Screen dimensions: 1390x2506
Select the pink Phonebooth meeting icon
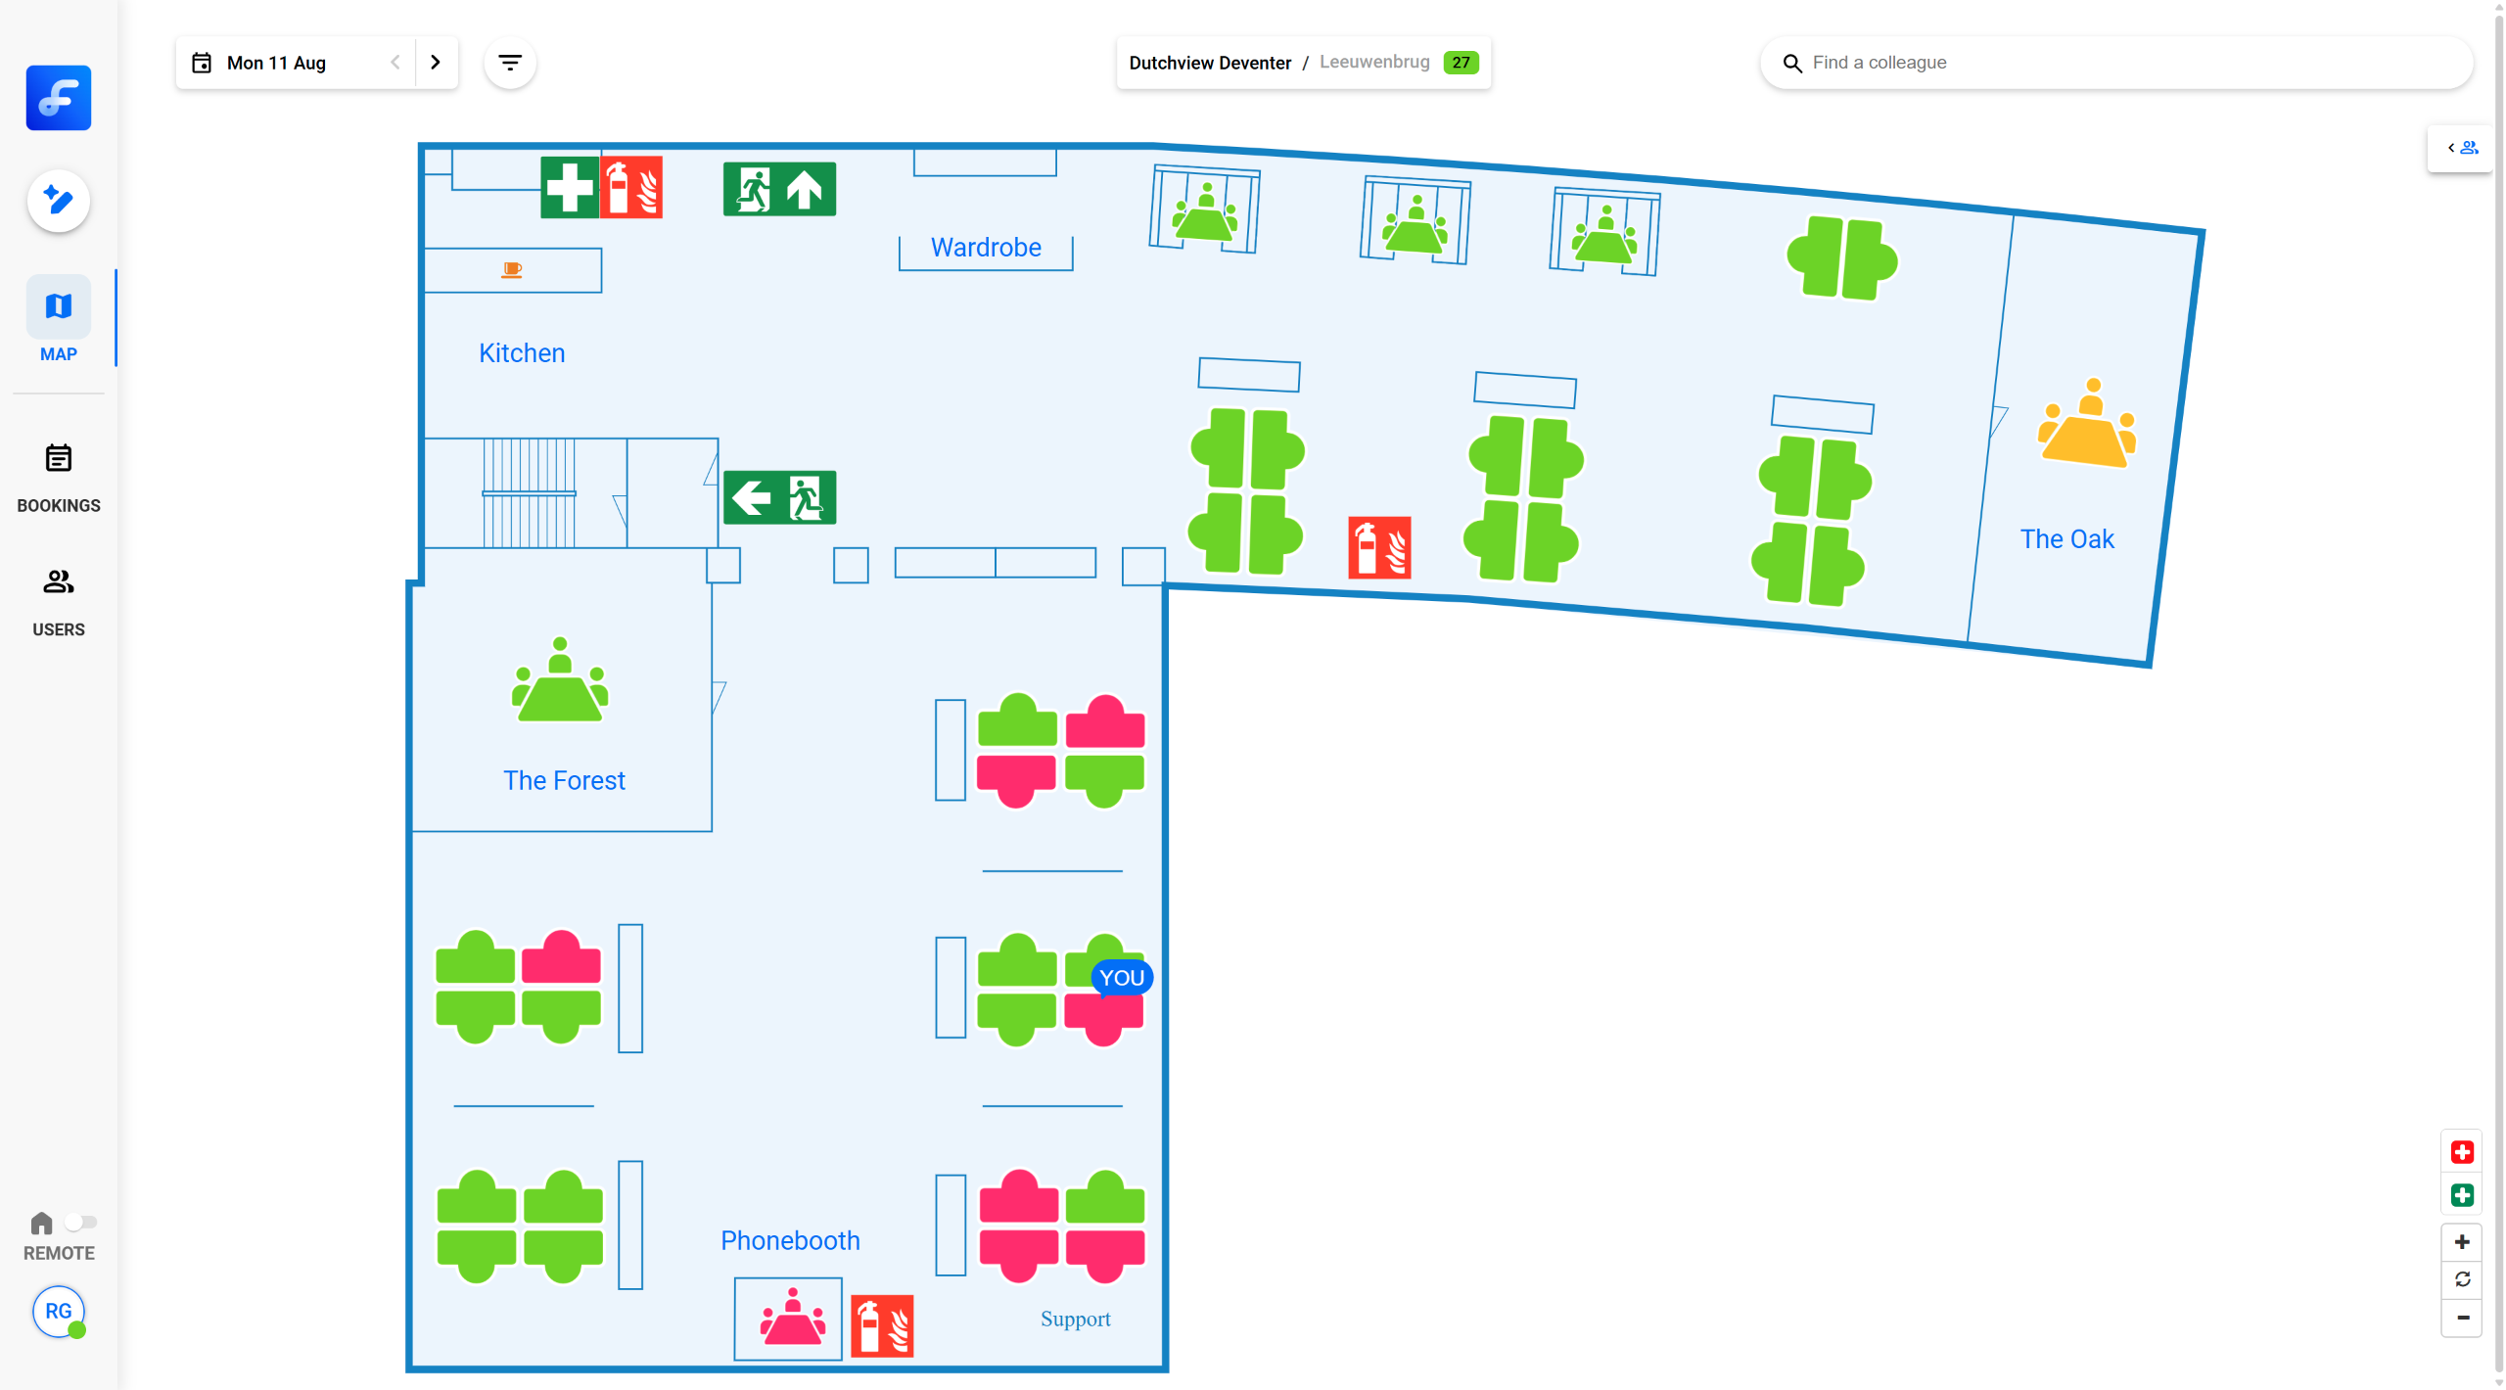(x=792, y=1318)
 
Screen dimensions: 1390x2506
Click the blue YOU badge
(x=1121, y=978)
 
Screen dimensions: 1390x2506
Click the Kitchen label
(x=522, y=353)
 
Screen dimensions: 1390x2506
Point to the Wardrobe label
(x=986, y=248)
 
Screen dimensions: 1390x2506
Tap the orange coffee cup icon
(x=512, y=270)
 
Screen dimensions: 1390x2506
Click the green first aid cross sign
(x=570, y=187)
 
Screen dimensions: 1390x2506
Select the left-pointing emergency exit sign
(x=779, y=497)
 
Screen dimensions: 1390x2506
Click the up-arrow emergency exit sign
(x=779, y=189)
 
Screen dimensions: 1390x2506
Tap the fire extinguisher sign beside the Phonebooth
(x=882, y=1326)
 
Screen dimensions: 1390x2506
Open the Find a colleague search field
(x=2114, y=63)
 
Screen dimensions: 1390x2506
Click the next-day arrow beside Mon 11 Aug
(x=436, y=63)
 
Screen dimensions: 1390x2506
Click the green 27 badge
(x=1461, y=63)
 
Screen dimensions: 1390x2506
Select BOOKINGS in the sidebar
(x=59, y=478)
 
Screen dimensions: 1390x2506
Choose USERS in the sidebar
(x=59, y=601)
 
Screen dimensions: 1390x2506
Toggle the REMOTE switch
(x=80, y=1223)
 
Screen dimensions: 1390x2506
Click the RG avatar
(x=59, y=1312)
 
